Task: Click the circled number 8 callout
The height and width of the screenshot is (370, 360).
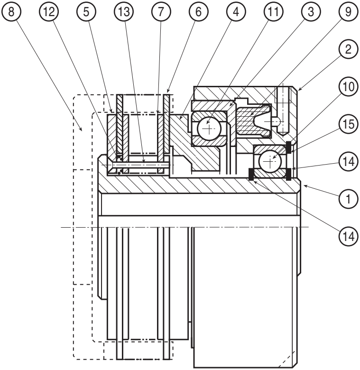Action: click(11, 11)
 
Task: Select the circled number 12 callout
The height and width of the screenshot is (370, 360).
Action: click(49, 11)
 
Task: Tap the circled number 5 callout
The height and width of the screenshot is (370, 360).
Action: click(86, 11)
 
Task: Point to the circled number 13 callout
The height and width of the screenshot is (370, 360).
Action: click(124, 11)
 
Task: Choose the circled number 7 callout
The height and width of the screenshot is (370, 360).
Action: click(161, 11)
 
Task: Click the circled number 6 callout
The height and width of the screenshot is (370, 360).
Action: click(199, 11)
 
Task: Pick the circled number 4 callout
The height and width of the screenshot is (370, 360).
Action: click(236, 11)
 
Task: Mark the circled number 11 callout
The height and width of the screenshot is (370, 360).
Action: click(273, 11)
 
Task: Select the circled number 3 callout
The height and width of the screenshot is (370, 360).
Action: click(311, 11)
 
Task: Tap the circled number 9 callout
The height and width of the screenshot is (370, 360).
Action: click(348, 11)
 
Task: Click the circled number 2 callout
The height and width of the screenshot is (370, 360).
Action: click(348, 49)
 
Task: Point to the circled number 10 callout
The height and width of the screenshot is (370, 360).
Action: click(348, 87)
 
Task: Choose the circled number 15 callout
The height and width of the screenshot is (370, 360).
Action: click(348, 124)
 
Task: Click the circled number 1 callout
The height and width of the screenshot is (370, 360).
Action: click(348, 199)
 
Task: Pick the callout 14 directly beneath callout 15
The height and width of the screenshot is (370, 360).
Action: click(348, 162)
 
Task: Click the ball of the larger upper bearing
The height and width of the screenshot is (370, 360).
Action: click(209, 129)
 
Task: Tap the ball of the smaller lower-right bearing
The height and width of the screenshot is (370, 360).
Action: click(270, 161)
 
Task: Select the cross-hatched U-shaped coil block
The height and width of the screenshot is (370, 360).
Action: click(254, 121)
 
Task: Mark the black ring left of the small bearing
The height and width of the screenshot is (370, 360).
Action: click(251, 175)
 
